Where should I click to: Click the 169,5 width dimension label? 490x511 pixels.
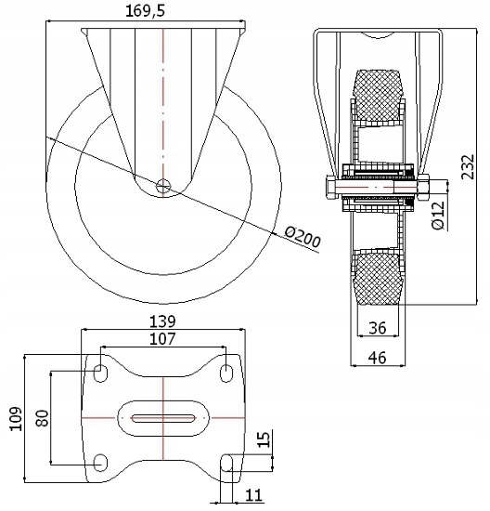coord(145,11)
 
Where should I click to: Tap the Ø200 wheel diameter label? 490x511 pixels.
coord(303,237)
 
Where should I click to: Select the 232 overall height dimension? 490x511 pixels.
coord(468,166)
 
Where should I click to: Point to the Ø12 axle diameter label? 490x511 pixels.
coord(438,216)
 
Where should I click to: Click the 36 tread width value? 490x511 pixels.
coord(378,328)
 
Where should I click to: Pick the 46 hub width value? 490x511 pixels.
coord(378,358)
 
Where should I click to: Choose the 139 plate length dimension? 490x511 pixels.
coord(162,321)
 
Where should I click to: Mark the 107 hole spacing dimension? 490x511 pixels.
coord(162,339)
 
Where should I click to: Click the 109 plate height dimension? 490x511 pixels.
coord(16,419)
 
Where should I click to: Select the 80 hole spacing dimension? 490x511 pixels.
coord(43,418)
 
